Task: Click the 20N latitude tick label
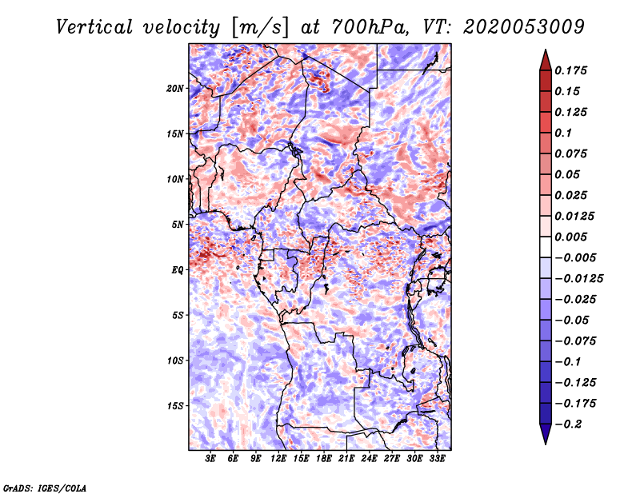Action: (175, 88)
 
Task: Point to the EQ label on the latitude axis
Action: (178, 270)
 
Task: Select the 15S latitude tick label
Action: (175, 406)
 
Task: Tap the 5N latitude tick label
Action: (178, 225)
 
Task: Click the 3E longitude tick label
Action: (211, 458)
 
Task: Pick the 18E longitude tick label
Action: (324, 458)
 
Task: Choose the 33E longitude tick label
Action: (437, 458)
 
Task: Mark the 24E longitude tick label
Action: (369, 458)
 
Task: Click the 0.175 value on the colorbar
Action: (572, 70)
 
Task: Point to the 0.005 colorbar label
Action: (572, 237)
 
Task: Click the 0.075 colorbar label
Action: (572, 153)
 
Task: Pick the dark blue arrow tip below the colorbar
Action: (544, 438)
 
